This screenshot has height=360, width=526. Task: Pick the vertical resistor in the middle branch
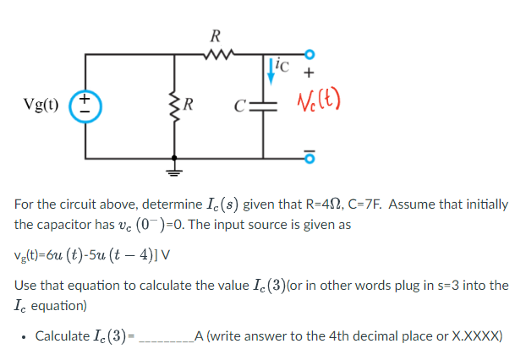pos(176,106)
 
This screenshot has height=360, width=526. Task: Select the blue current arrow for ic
pos(271,70)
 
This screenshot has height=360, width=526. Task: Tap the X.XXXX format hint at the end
pos(477,336)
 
